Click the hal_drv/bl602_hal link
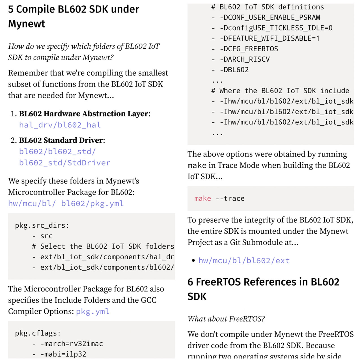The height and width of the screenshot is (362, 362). (60, 125)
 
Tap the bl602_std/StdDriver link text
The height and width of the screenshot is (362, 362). (65, 163)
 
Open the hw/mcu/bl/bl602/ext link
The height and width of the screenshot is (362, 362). (244, 260)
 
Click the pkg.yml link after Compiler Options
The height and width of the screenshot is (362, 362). (93, 311)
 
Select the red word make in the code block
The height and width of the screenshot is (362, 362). (202, 199)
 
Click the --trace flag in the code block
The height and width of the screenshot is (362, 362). (230, 199)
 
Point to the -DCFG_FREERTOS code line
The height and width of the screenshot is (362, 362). (249, 49)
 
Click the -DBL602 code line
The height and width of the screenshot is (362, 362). (234, 70)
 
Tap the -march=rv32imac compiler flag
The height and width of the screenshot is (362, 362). (72, 344)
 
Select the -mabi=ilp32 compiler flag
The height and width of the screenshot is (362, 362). (63, 354)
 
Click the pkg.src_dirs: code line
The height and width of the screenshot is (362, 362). (42, 225)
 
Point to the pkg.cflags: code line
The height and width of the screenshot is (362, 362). (38, 333)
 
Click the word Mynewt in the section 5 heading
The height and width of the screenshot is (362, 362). (27, 24)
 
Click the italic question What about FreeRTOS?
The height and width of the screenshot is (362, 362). (226, 319)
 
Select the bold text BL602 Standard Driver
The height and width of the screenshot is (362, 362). (61, 140)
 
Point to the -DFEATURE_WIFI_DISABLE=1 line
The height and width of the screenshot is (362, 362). (270, 38)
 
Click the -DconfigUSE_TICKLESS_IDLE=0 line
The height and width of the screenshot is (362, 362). (276, 28)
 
